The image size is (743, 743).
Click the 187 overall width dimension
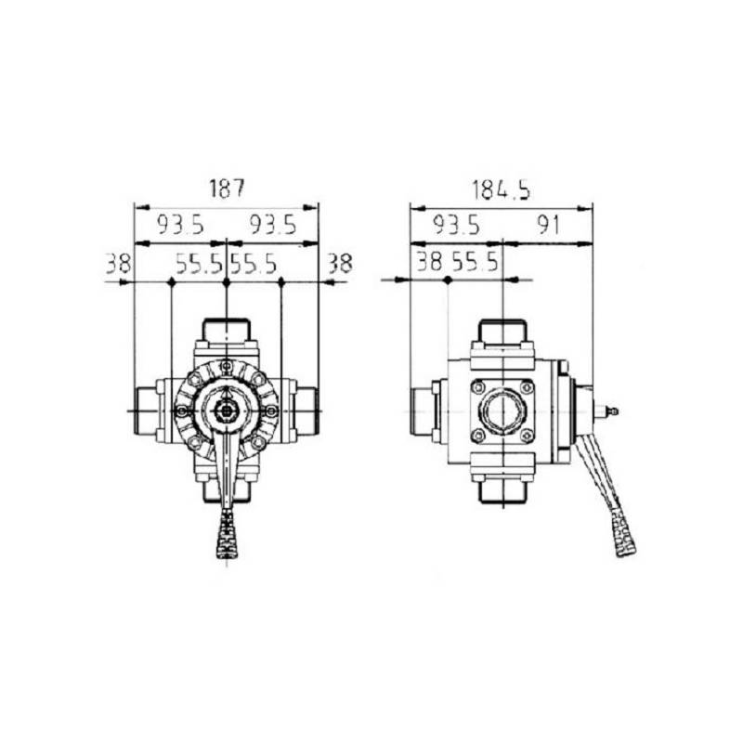coord(227,189)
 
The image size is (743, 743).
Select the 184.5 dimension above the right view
coord(501,189)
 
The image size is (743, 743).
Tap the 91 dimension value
coord(548,224)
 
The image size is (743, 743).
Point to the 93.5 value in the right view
coord(456,224)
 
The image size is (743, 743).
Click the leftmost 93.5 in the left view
coord(180,224)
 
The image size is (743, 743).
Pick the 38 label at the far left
coord(118,263)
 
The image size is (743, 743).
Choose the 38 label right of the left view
coord(340,263)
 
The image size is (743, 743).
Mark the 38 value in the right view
coord(429,262)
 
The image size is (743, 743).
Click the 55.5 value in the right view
coord(475,262)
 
